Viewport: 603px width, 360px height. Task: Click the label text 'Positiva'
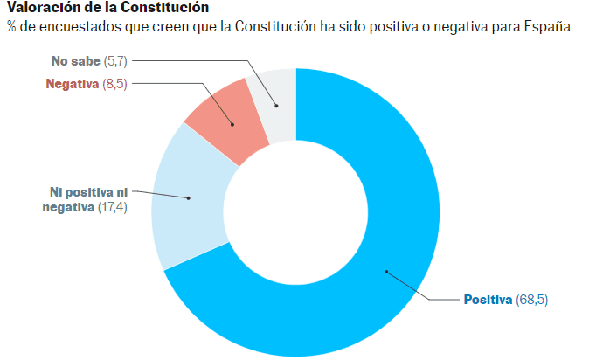pyautogui.click(x=488, y=300)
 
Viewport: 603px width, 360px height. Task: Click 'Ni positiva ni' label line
pyautogui.click(x=88, y=192)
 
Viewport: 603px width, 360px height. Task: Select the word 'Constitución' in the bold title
pyautogui.click(x=173, y=8)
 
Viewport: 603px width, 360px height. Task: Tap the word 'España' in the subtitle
pyautogui.click(x=546, y=27)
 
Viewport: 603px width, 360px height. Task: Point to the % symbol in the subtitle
pyautogui.click(x=12, y=27)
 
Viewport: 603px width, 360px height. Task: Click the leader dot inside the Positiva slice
pyautogui.click(x=386, y=272)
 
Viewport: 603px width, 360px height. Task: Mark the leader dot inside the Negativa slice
pyautogui.click(x=232, y=125)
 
